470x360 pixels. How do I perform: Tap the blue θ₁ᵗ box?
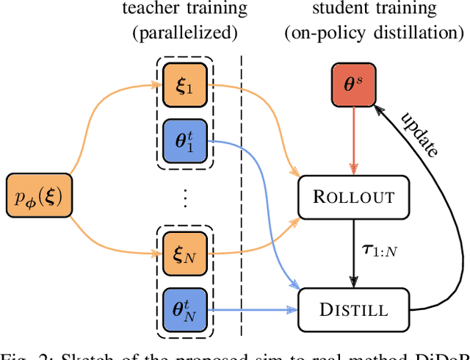click(181, 137)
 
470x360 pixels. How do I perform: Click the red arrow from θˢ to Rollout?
click(354, 140)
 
